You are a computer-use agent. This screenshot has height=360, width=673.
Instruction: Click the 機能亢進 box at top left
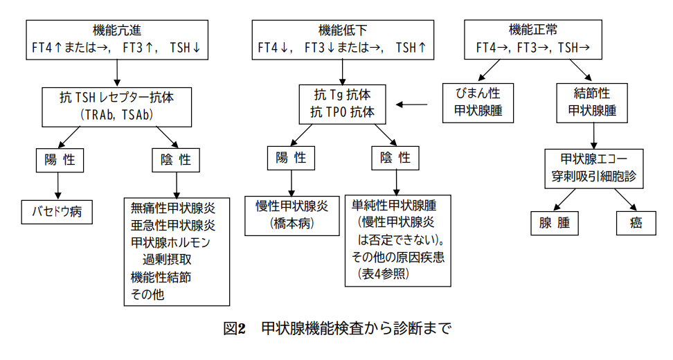[x=117, y=39]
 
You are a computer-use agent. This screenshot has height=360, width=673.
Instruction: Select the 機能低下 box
[x=343, y=39]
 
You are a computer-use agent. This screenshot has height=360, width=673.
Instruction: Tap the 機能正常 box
[x=532, y=39]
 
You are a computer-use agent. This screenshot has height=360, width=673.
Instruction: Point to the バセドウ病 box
[x=56, y=211]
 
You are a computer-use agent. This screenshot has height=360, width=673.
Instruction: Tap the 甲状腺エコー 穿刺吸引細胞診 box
[x=593, y=167]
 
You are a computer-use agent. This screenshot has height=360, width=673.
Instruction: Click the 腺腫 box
[x=554, y=223]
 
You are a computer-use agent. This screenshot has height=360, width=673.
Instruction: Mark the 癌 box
[x=635, y=223]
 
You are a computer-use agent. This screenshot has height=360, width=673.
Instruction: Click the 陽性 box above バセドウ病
[x=60, y=160]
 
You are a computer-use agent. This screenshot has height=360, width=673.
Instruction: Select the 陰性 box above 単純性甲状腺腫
[x=395, y=159]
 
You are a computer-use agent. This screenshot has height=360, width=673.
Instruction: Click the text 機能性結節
[x=161, y=277]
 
